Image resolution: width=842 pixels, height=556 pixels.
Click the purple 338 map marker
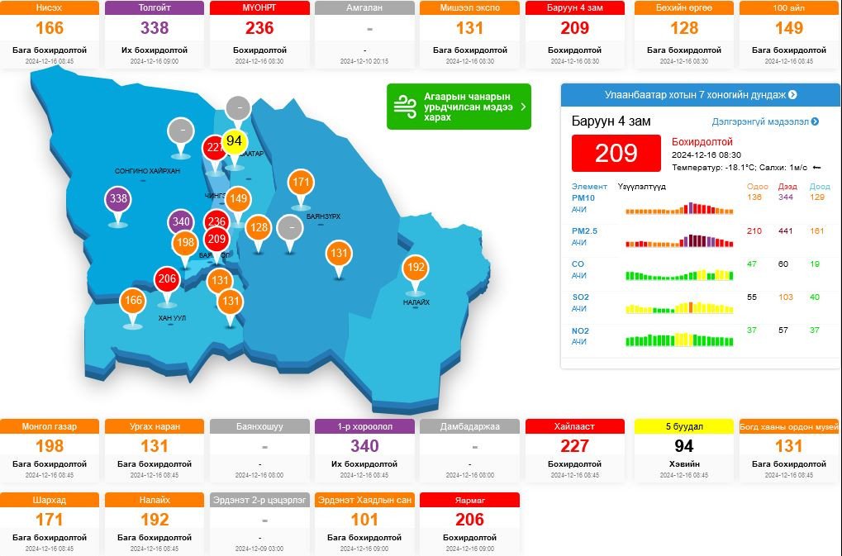click(x=118, y=199)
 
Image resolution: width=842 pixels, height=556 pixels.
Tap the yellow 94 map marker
click(x=235, y=141)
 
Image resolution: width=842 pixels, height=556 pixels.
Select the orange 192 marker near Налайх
click(x=416, y=268)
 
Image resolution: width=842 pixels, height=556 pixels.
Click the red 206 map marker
click(x=168, y=279)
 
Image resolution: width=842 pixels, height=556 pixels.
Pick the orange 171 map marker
click(x=302, y=183)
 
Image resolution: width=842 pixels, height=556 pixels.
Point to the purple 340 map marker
click(x=181, y=221)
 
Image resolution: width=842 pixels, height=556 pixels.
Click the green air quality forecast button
click(x=459, y=107)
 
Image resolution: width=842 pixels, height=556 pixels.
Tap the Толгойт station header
click(x=155, y=8)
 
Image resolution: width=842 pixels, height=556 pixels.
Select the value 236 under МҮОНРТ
click(x=259, y=28)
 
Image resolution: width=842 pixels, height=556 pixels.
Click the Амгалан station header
click(x=364, y=8)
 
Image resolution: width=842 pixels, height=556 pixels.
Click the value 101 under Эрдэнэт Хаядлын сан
click(x=364, y=520)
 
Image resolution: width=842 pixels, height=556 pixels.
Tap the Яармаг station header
click(x=469, y=500)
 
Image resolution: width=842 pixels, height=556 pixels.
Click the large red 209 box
click(x=616, y=153)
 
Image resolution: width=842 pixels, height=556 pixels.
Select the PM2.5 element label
click(x=584, y=230)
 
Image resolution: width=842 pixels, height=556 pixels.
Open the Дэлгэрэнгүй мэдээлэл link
click(x=765, y=121)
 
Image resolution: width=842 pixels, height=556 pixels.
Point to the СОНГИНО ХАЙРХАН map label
click(x=147, y=171)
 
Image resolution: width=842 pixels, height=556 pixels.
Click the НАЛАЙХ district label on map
click(x=416, y=302)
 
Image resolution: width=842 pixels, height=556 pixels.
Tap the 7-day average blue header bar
click(x=700, y=95)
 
